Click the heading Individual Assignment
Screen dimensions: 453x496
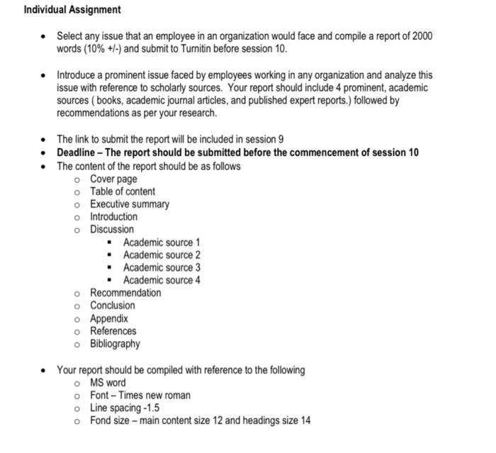point(72,10)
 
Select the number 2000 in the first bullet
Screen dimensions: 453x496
point(419,36)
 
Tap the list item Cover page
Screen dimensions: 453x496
point(113,179)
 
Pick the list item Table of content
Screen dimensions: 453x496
point(123,191)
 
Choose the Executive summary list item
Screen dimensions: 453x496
point(130,204)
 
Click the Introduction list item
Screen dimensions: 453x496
point(113,217)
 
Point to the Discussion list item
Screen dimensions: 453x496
point(111,230)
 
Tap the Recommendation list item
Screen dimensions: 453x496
point(125,293)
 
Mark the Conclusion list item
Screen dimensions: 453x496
point(112,306)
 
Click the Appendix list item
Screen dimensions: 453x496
point(109,318)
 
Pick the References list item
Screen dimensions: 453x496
point(113,331)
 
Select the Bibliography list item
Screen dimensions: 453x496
point(115,344)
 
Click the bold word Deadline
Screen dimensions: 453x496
point(78,153)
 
